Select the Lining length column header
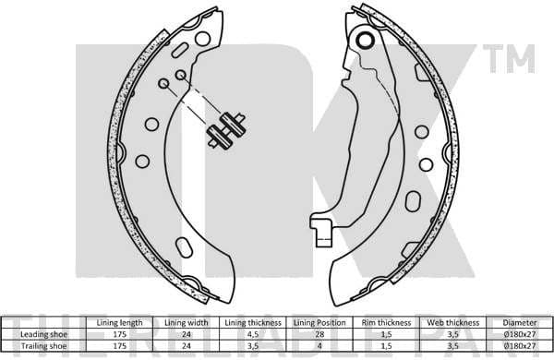tap(119, 322)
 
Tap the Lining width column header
tap(187, 322)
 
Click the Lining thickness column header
tap(253, 322)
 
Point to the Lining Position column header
tap(318, 322)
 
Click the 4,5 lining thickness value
tap(253, 334)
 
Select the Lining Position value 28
tap(318, 334)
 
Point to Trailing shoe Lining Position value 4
tap(318, 345)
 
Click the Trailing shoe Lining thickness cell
tap(253, 345)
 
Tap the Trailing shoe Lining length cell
tap(119, 345)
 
